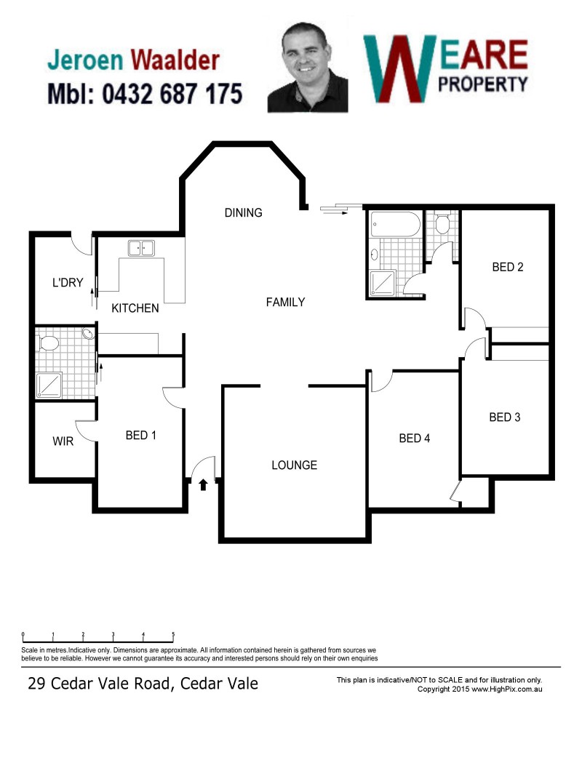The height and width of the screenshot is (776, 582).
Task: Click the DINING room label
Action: [x=243, y=213]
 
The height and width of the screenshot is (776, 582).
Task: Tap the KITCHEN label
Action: [x=135, y=308]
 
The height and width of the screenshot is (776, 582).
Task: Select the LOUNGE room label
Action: [x=295, y=465]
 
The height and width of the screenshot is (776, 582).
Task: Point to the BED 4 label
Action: [x=414, y=438]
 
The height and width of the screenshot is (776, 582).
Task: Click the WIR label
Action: [x=63, y=441]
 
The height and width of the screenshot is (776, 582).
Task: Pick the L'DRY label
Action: [x=68, y=283]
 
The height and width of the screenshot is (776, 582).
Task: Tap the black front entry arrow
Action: [x=203, y=484]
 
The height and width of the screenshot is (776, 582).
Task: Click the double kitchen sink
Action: [x=141, y=248]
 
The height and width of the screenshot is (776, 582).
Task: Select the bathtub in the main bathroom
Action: [x=396, y=225]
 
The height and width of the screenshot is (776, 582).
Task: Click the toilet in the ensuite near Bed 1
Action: [x=48, y=343]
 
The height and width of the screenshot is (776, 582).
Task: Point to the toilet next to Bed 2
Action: [x=442, y=225]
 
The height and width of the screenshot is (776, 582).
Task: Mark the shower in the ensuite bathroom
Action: [x=49, y=385]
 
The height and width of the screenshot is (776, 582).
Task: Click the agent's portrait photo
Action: [x=307, y=68]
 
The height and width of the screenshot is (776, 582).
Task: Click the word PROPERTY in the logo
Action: [x=483, y=84]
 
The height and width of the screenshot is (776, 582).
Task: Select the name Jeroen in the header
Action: [x=85, y=60]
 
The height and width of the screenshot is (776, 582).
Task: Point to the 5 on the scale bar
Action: [x=173, y=634]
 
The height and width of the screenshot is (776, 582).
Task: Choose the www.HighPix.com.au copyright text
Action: [x=507, y=689]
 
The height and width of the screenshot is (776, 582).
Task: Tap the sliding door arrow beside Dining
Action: [x=335, y=210]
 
